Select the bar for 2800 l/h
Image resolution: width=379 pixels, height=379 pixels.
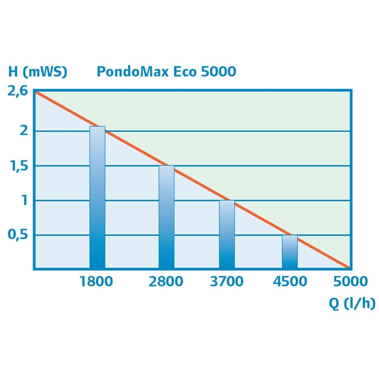(x=166, y=218)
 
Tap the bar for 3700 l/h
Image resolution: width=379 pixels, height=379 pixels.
(x=227, y=235)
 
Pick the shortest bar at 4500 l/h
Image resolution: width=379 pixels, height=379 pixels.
(x=290, y=252)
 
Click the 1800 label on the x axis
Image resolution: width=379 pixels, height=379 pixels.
(x=96, y=282)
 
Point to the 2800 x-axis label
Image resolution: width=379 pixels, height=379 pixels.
(x=166, y=282)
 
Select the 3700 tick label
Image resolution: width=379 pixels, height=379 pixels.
(x=227, y=282)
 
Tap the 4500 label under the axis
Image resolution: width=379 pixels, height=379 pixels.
(x=290, y=282)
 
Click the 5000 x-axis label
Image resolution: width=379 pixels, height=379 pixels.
(x=350, y=282)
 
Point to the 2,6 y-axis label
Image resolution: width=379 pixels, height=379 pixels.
(x=18, y=92)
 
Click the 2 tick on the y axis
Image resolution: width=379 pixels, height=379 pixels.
(x=24, y=131)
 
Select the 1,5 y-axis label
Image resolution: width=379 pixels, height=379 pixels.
(x=20, y=166)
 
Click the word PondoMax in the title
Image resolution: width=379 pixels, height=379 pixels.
(x=133, y=72)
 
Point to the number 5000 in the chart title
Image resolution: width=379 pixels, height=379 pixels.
(x=219, y=72)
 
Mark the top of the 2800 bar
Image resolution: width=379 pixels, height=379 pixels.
(x=166, y=166)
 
